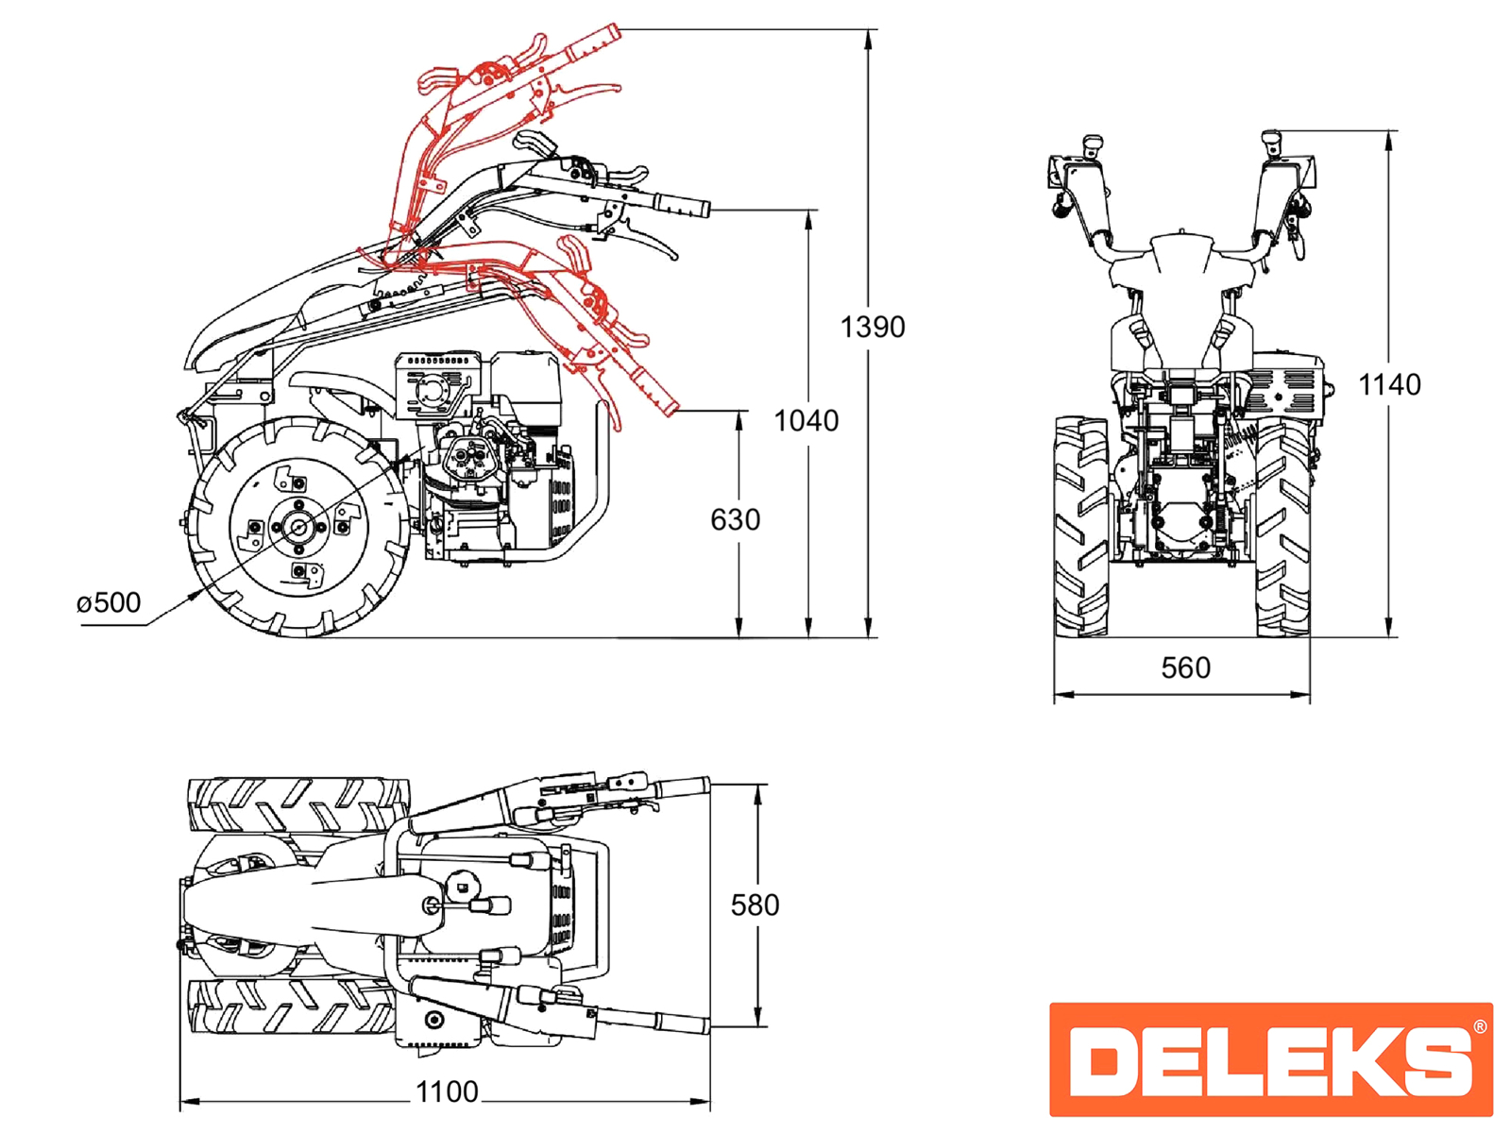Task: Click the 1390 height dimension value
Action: [872, 327]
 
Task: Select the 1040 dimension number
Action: [806, 420]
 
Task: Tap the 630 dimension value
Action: [735, 519]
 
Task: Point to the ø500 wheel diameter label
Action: [109, 602]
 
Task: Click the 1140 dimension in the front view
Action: [1388, 384]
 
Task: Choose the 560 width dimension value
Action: [1185, 668]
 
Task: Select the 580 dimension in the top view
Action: [755, 905]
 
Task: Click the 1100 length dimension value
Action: [447, 1092]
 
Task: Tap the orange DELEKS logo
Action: [1270, 1058]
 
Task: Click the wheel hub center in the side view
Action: [299, 528]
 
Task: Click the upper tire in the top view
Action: [297, 805]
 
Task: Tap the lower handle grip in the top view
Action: [682, 1023]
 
